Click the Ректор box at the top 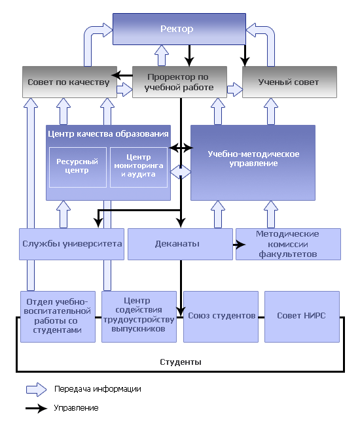tap(179, 29)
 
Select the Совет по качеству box tap(70, 82)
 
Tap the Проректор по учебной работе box tap(179, 82)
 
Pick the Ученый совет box tap(289, 82)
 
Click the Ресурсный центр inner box tap(78, 167)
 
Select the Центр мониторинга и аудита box tap(139, 167)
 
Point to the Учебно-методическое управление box tap(253, 163)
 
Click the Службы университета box tap(71, 244)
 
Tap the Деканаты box tap(180, 244)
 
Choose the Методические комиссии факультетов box tap(288, 244)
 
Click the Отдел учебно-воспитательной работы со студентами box tap(58, 316)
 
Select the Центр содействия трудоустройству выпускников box tap(139, 316)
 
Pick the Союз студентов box tap(221, 316)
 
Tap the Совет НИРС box tap(302, 316)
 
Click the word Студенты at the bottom tap(181, 362)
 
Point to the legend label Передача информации tap(98, 389)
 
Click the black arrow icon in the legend tap(37, 408)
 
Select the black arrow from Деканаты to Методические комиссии tap(240, 245)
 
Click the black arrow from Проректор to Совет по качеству tap(122, 75)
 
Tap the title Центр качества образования tap(108, 133)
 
